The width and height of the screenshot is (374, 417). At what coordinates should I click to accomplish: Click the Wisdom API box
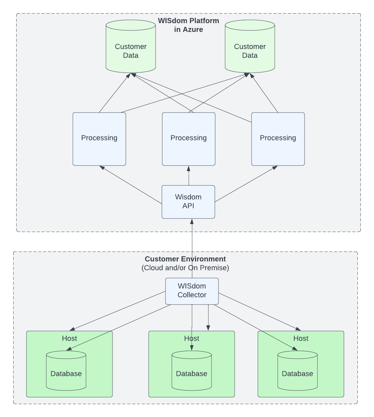tap(188, 202)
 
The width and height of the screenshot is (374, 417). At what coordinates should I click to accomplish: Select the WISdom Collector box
tap(192, 291)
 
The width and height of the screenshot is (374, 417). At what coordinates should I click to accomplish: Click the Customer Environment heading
tap(185, 259)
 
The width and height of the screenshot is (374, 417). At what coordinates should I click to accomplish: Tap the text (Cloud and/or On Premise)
tap(185, 268)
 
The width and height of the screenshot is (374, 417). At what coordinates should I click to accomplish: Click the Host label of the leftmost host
tap(70, 338)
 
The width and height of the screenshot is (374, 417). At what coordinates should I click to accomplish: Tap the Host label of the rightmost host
tap(301, 338)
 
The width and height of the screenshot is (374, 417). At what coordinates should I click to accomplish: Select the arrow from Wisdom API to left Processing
tap(131, 185)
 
